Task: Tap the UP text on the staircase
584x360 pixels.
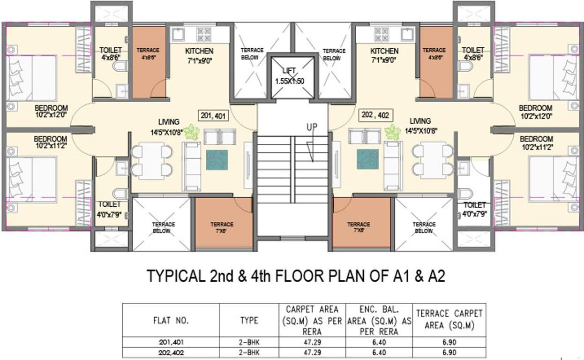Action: [313, 127]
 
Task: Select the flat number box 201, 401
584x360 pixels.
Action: [214, 115]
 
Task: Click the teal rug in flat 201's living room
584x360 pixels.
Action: [217, 159]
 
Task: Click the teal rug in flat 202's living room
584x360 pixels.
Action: [367, 159]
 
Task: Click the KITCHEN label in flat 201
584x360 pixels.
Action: [199, 51]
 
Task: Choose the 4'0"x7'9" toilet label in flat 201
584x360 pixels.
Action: [109, 208]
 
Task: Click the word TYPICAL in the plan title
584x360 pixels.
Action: [176, 276]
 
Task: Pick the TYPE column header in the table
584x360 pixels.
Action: [249, 321]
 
